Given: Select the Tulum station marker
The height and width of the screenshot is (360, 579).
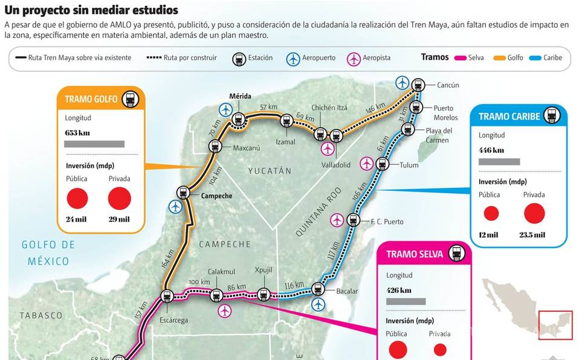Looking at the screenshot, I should pyautogui.click(x=382, y=164).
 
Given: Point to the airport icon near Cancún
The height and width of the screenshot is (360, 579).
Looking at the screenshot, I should pyautogui.click(x=402, y=82).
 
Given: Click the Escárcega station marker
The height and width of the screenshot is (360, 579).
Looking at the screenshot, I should pyautogui.click(x=166, y=295).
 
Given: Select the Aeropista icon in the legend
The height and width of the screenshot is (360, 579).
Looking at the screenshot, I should pyautogui.click(x=354, y=59).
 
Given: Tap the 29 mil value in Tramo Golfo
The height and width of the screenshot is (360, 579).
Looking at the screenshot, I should pyautogui.click(x=119, y=219).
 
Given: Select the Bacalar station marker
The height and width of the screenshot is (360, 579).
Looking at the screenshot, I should pyautogui.click(x=318, y=289).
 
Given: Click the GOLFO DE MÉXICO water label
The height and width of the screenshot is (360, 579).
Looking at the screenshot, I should pyautogui.click(x=48, y=253).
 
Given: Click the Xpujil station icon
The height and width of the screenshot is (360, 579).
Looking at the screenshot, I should pyautogui.click(x=263, y=295).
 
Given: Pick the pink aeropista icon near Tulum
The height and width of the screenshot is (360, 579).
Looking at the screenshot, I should pyautogui.click(x=366, y=163).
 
